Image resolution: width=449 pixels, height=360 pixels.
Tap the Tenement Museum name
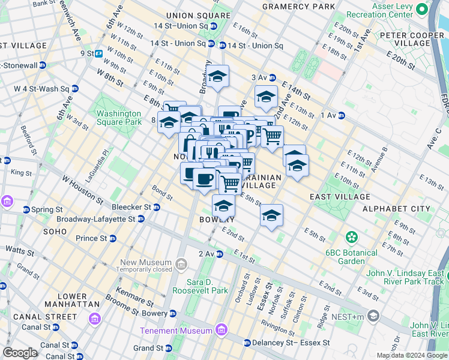[x=176, y=331]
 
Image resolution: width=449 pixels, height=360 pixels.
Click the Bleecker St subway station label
[x=130, y=208]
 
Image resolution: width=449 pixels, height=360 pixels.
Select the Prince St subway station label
[x=91, y=238]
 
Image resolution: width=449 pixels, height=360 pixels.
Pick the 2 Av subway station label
[x=206, y=254]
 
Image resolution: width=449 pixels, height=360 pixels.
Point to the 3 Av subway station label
[x=259, y=77]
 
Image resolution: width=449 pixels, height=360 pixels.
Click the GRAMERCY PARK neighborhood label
[x=298, y=7]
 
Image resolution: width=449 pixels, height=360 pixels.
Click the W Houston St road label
[x=82, y=188]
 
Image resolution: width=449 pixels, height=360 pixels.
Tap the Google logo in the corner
[x=20, y=353]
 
